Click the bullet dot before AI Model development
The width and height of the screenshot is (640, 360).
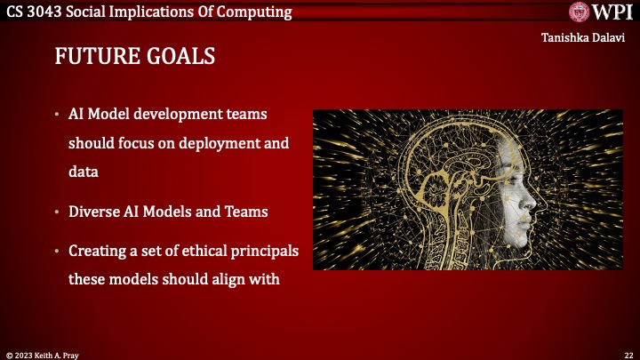pyautogui.click(x=57, y=116)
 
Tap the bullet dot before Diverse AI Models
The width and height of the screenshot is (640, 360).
pyautogui.click(x=57, y=213)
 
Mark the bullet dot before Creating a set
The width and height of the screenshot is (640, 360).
pyautogui.click(x=57, y=252)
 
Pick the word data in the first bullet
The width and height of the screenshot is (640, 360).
pyautogui.click(x=83, y=167)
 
